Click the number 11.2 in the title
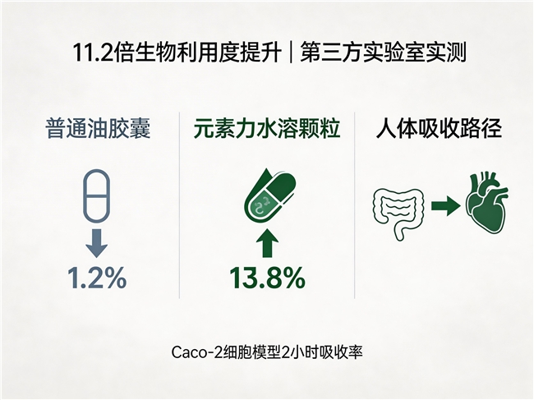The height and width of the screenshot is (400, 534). tap(92, 53)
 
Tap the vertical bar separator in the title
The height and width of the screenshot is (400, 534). tap(291, 53)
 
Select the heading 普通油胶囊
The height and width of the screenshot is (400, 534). tap(98, 128)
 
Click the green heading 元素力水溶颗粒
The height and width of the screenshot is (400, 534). tap(267, 128)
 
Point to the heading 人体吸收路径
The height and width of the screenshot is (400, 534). tap(439, 128)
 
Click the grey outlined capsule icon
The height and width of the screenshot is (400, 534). tap(97, 195)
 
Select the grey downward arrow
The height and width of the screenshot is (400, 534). tap(97, 243)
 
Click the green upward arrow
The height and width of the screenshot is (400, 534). tap(267, 243)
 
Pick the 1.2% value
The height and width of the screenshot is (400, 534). tap(97, 278)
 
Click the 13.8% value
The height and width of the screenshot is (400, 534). tap(267, 278)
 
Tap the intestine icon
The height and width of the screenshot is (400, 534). tap(398, 214)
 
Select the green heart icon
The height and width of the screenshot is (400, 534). tap(487, 204)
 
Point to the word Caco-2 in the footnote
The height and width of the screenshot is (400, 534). tap(193, 352)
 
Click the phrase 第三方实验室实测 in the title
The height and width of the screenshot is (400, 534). tap(383, 53)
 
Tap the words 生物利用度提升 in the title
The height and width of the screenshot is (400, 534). tap(198, 53)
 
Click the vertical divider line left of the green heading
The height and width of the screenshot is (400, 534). tap(179, 205)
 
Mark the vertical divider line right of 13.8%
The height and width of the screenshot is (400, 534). tap(355, 205)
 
